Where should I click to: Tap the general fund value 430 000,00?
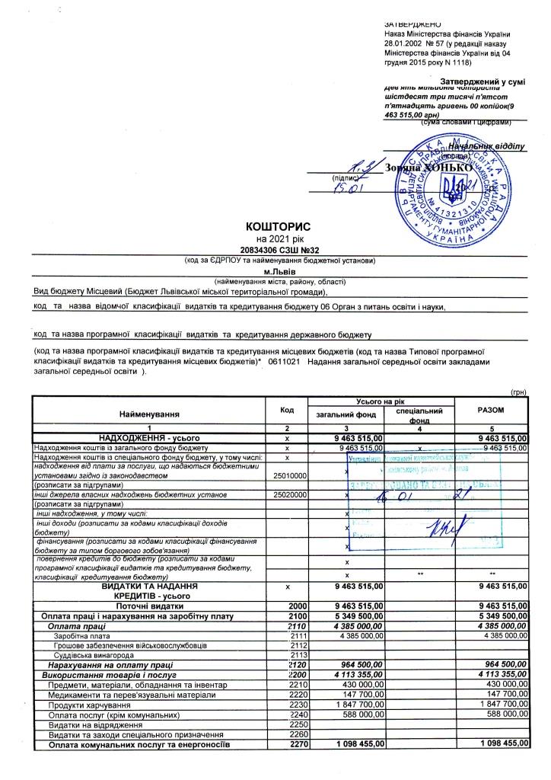click(x=363, y=685)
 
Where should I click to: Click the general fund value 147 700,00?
click(x=363, y=695)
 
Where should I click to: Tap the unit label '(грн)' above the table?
click(x=519, y=388)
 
